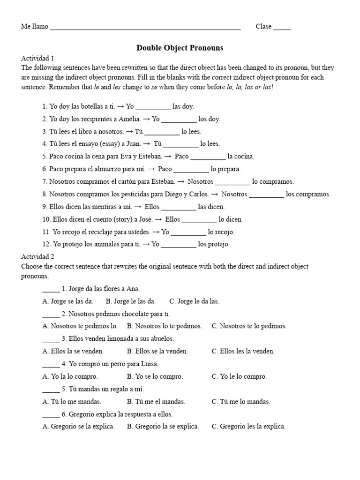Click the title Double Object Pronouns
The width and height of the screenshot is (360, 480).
[180, 48]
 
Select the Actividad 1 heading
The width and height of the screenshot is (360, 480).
[37, 59]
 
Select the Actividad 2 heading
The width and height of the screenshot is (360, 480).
[37, 257]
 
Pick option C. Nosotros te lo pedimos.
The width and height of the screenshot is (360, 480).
[249, 326]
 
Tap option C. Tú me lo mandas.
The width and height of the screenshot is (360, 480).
[241, 402]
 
